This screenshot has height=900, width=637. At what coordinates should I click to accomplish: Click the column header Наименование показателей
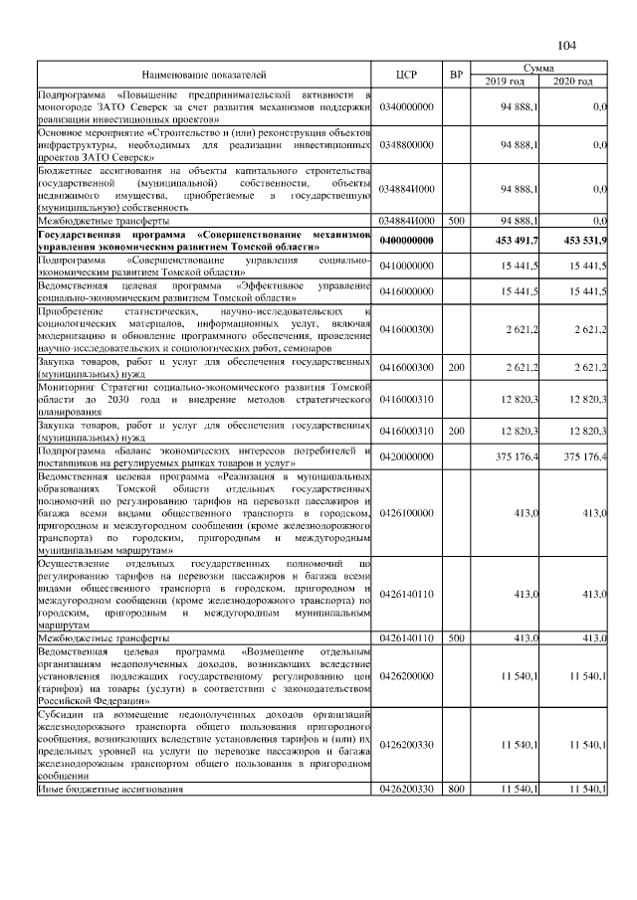(x=204, y=75)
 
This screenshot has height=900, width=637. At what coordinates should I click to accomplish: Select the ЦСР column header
(x=406, y=75)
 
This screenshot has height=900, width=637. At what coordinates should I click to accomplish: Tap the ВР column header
(x=456, y=75)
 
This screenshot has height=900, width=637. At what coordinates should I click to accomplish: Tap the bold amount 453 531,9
(x=584, y=241)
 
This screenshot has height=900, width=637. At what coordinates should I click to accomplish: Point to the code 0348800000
(x=406, y=145)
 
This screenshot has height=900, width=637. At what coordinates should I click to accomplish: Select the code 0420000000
(x=406, y=456)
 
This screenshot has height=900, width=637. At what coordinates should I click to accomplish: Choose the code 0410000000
(x=406, y=265)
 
